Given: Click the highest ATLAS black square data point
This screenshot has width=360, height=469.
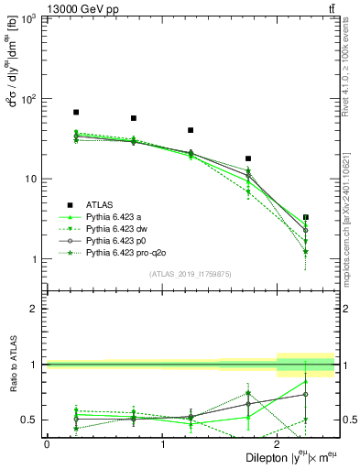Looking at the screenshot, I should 76,113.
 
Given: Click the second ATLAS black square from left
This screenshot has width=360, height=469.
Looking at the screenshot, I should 134,118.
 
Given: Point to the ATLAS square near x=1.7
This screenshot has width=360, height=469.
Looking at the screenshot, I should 248,158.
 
